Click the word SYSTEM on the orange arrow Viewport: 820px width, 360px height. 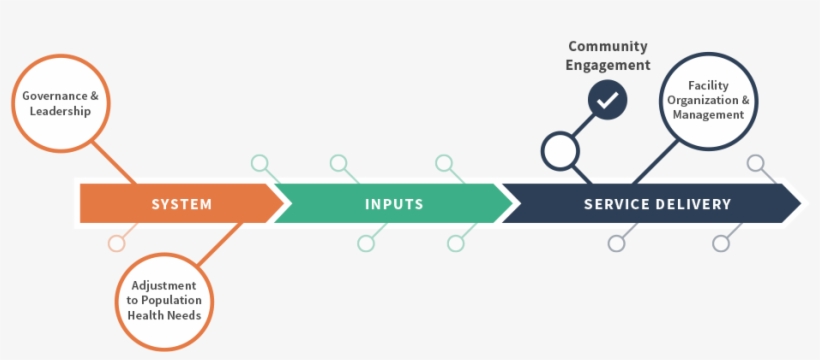tap(181, 204)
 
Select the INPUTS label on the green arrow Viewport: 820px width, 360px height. tap(394, 204)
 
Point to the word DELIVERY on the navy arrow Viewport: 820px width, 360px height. tap(696, 204)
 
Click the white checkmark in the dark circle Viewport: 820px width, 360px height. tap(607, 100)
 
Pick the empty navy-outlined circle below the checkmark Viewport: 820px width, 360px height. tap(561, 151)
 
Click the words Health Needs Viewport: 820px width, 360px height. tap(164, 315)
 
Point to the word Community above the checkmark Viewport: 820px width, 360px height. tap(608, 46)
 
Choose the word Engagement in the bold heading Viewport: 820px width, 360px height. tap(608, 65)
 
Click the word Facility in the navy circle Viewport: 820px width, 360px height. tap(708, 86)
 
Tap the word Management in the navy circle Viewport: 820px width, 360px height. tap(708, 115)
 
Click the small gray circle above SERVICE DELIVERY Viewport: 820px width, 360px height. tap(756, 163)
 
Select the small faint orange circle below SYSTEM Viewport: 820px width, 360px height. tap(117, 243)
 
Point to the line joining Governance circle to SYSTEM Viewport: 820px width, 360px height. tap(113, 160)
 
